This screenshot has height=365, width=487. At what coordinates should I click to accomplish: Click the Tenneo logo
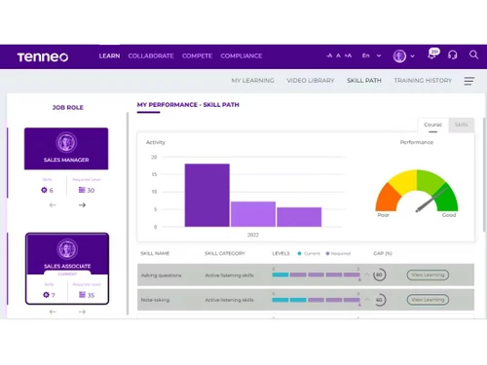coord(42,56)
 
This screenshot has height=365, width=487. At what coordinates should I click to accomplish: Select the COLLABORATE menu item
coord(150,56)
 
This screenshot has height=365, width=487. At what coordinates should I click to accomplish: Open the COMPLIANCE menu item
coord(242,56)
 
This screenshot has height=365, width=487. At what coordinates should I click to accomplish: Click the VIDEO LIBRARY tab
coord(311,80)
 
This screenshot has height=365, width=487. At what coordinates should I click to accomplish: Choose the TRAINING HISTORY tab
coord(423,80)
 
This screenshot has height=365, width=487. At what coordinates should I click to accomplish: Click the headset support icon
coord(452,56)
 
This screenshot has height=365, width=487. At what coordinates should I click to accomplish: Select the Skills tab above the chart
coord(461,125)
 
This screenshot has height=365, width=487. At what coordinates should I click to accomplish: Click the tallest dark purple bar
coord(207,195)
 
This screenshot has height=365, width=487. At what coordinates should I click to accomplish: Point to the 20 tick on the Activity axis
coord(153,157)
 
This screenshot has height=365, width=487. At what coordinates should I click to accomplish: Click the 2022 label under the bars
coord(253,235)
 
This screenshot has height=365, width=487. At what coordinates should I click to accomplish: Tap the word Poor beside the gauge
coord(383,215)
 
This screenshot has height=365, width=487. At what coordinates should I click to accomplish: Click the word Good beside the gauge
coord(448,215)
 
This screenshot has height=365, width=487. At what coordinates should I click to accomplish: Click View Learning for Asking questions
coord(428,275)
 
